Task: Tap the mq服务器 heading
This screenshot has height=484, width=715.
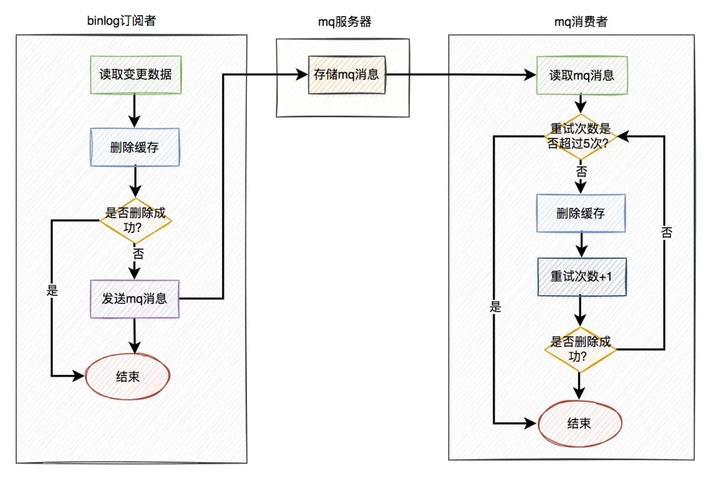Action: (345, 21)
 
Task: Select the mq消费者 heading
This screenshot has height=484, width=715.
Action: (581, 21)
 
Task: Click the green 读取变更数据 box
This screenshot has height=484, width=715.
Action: (136, 75)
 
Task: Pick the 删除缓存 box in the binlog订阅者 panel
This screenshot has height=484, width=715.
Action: (135, 147)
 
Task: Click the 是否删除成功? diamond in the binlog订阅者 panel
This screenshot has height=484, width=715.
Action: (135, 221)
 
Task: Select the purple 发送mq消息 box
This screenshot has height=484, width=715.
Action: (134, 299)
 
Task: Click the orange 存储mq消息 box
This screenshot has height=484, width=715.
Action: (346, 74)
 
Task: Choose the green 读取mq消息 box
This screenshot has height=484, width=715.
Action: (581, 75)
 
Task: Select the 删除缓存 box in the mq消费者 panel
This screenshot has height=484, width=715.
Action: (581, 213)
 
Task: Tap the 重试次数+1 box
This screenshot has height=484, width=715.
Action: (581, 275)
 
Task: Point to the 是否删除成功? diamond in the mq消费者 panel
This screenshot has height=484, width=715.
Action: (581, 349)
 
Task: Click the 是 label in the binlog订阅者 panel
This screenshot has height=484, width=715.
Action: (52, 291)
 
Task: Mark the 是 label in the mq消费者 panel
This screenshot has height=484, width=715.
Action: (495, 307)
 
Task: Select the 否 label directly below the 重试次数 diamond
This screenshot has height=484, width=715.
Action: (581, 171)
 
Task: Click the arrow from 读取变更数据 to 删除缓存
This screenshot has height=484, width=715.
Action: (135, 110)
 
